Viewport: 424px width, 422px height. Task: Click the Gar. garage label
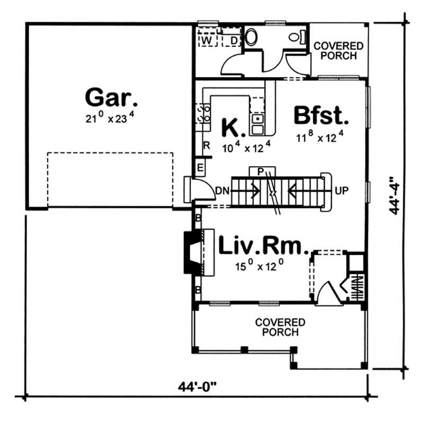(x=112, y=98)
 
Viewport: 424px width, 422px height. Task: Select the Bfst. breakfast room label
(x=321, y=115)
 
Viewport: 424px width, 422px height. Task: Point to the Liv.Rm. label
(x=263, y=246)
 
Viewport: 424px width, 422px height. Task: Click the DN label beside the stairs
(x=222, y=190)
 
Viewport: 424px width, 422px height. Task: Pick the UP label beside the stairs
(x=341, y=190)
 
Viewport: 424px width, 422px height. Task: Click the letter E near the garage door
(x=200, y=167)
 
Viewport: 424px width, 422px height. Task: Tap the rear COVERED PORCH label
(x=339, y=51)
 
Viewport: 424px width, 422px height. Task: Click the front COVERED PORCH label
(x=280, y=327)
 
